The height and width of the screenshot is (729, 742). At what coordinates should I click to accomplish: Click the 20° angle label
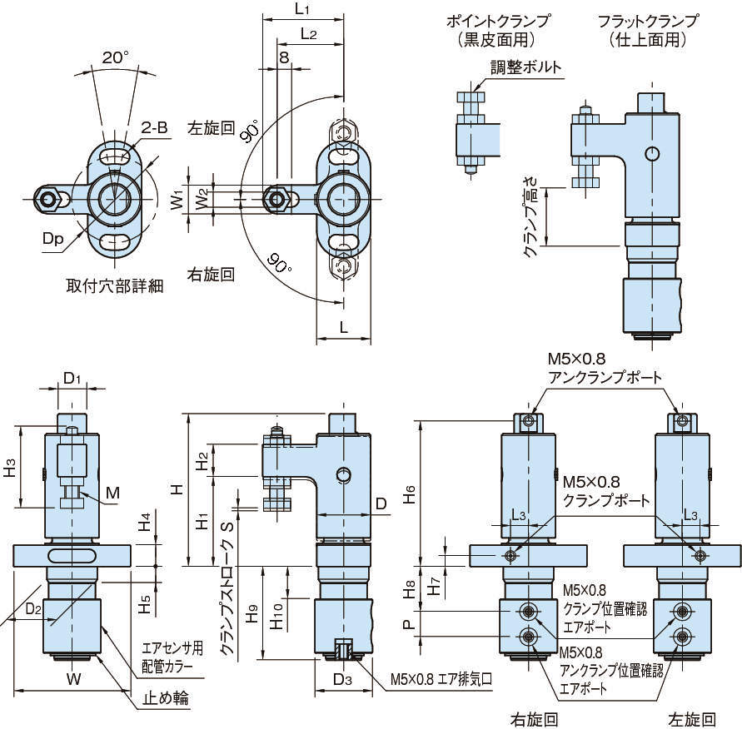116,58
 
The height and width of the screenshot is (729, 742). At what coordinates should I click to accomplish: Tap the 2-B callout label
156,127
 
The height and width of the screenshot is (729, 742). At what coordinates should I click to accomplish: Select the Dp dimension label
53,239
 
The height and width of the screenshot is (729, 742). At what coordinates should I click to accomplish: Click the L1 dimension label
303,9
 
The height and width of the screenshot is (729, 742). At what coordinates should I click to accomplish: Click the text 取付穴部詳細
114,285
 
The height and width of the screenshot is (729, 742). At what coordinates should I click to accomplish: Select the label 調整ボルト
525,67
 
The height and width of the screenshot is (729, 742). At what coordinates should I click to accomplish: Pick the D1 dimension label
73,379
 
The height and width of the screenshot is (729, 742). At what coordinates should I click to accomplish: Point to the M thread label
112,493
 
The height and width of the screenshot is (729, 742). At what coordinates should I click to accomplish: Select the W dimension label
73,679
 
